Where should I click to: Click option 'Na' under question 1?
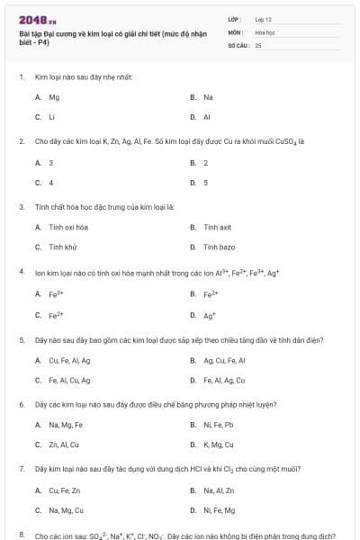208,96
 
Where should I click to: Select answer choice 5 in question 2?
206,182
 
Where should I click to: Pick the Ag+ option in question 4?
210,316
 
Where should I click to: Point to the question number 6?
21,405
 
